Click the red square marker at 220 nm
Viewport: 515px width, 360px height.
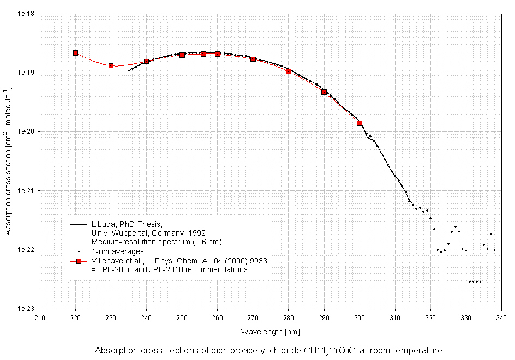[x=75, y=53]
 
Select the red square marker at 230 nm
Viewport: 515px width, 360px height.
[x=111, y=65]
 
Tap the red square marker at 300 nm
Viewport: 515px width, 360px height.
[x=360, y=123]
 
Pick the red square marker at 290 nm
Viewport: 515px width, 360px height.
[x=324, y=92]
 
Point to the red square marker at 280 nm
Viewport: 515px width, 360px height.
[x=289, y=71]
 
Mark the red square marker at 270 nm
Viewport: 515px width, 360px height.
[x=253, y=59]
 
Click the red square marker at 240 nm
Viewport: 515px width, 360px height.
[x=146, y=62]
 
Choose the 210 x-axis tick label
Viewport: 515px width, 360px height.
[x=40, y=317]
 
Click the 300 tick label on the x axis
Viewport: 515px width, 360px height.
[x=360, y=317]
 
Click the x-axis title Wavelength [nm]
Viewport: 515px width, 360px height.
[x=270, y=331]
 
